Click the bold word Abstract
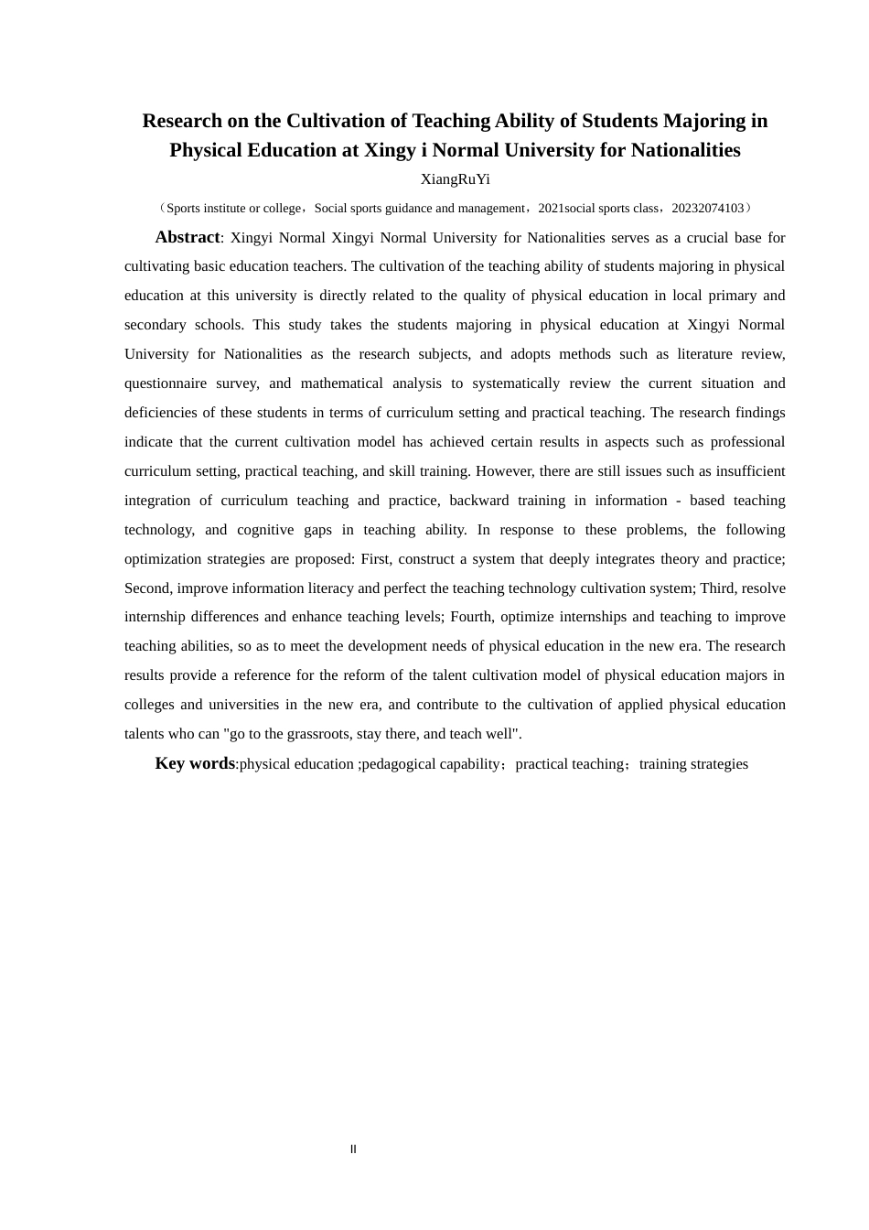coord(188,237)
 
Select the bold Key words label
coord(195,763)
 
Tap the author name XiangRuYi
coord(455,179)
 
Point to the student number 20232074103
coord(708,209)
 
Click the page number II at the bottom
coord(353,1149)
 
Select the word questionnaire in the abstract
coord(166,383)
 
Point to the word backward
coord(478,501)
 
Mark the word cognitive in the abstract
coord(265,530)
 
